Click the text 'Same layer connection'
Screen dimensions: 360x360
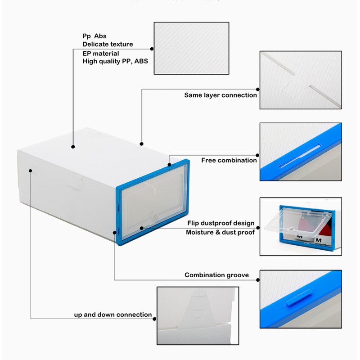(x=220, y=95)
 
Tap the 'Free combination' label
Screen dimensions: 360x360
(x=229, y=160)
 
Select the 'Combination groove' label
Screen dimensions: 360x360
(x=216, y=275)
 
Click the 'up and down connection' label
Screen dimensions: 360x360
(x=113, y=315)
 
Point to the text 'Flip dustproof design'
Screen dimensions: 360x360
(x=221, y=223)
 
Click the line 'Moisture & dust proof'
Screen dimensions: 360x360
(x=220, y=232)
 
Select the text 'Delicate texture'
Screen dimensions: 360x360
(x=108, y=44)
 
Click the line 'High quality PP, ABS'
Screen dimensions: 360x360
(x=115, y=61)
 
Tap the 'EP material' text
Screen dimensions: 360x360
(x=101, y=54)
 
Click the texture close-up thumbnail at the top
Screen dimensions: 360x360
(x=191, y=48)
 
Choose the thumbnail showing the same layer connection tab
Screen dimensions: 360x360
(x=300, y=80)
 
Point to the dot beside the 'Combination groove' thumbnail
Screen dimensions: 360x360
(x=258, y=280)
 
